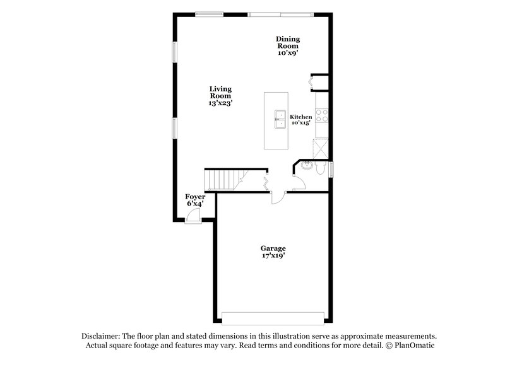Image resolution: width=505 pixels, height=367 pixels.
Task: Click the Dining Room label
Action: [x=287, y=43]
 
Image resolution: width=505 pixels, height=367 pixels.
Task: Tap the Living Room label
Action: [x=221, y=93]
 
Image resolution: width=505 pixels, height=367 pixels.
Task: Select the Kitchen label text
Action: [x=300, y=117]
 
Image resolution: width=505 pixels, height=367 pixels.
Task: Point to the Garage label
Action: [x=273, y=248]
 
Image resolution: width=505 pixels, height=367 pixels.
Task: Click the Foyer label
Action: [x=194, y=197]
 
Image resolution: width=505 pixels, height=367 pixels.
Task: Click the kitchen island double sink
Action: [x=278, y=118]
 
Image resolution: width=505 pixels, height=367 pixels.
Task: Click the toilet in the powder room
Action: [x=320, y=169]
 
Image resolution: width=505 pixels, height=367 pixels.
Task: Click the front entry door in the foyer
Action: [x=193, y=216]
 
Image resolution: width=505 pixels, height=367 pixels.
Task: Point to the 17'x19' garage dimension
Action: [x=273, y=256]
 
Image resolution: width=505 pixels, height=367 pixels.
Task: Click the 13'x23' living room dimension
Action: [x=221, y=103]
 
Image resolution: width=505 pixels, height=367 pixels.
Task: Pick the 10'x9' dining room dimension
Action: [x=287, y=54]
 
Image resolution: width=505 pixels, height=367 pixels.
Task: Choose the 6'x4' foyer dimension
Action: [x=194, y=204]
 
